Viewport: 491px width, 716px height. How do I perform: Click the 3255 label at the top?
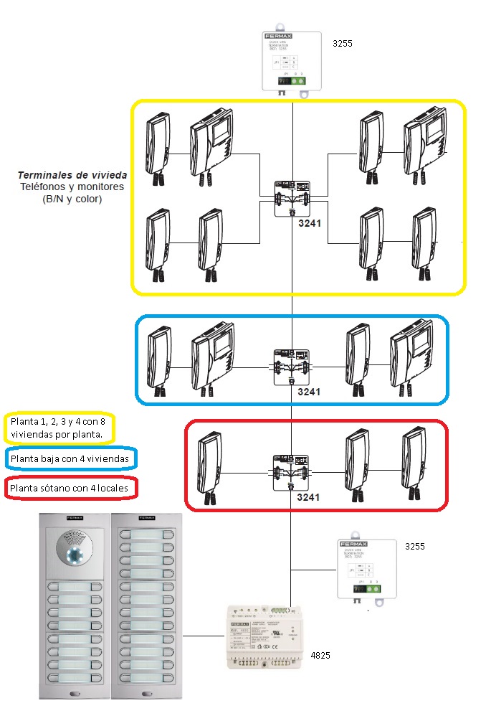[343, 44]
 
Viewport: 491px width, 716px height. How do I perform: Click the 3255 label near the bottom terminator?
[415, 546]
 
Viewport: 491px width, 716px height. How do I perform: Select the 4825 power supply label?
[320, 656]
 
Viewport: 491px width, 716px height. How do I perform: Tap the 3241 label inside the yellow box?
[310, 223]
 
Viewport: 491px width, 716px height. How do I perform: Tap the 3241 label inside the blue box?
[310, 392]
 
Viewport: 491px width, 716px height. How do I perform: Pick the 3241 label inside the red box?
[310, 496]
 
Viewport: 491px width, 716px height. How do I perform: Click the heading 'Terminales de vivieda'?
[72, 175]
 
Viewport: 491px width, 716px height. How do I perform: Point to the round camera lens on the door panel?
[75, 557]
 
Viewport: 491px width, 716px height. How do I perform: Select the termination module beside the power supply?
[367, 570]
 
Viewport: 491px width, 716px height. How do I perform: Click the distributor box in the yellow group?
[292, 198]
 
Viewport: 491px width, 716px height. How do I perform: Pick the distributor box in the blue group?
[292, 367]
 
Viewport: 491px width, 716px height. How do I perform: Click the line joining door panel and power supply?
[204, 636]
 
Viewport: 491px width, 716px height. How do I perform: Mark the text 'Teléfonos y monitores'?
[72, 187]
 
